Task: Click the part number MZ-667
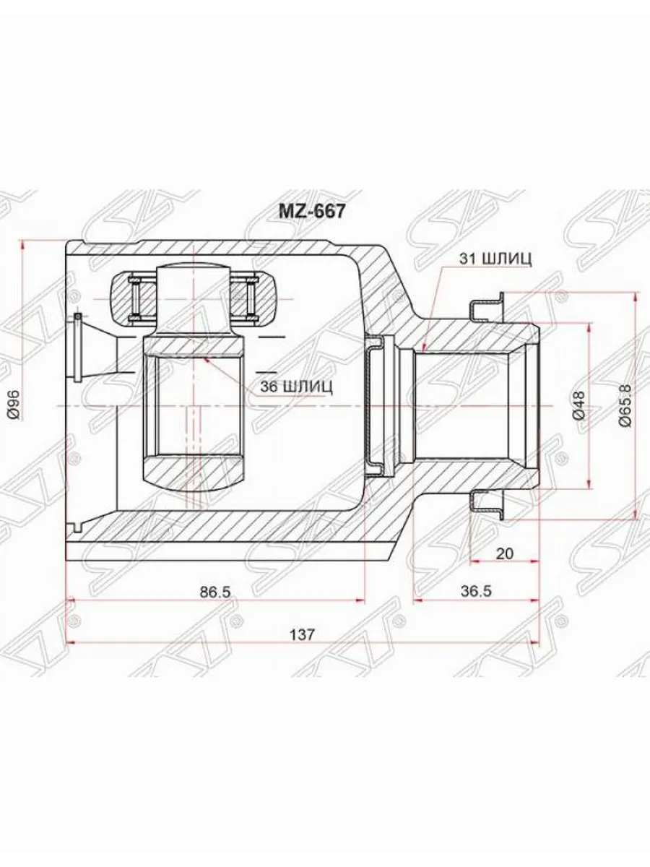point(312,212)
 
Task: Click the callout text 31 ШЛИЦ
point(495,259)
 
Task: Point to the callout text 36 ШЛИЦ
point(296,387)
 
